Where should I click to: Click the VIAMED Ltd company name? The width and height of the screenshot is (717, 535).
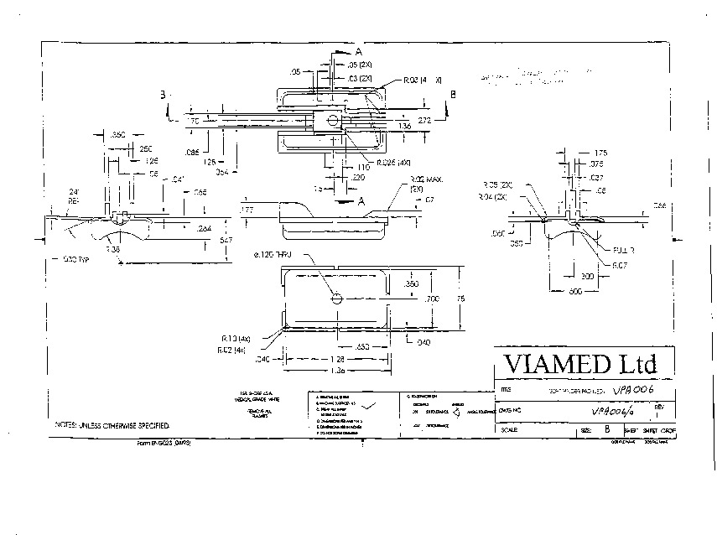coord(578,364)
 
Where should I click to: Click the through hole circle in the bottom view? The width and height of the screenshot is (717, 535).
coord(336,299)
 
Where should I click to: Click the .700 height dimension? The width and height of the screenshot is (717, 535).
coord(433,298)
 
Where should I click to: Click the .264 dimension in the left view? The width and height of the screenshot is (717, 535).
coord(204,228)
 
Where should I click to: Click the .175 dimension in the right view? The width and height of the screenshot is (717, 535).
coord(599,153)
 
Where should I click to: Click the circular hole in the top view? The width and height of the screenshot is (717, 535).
coord(333,121)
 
